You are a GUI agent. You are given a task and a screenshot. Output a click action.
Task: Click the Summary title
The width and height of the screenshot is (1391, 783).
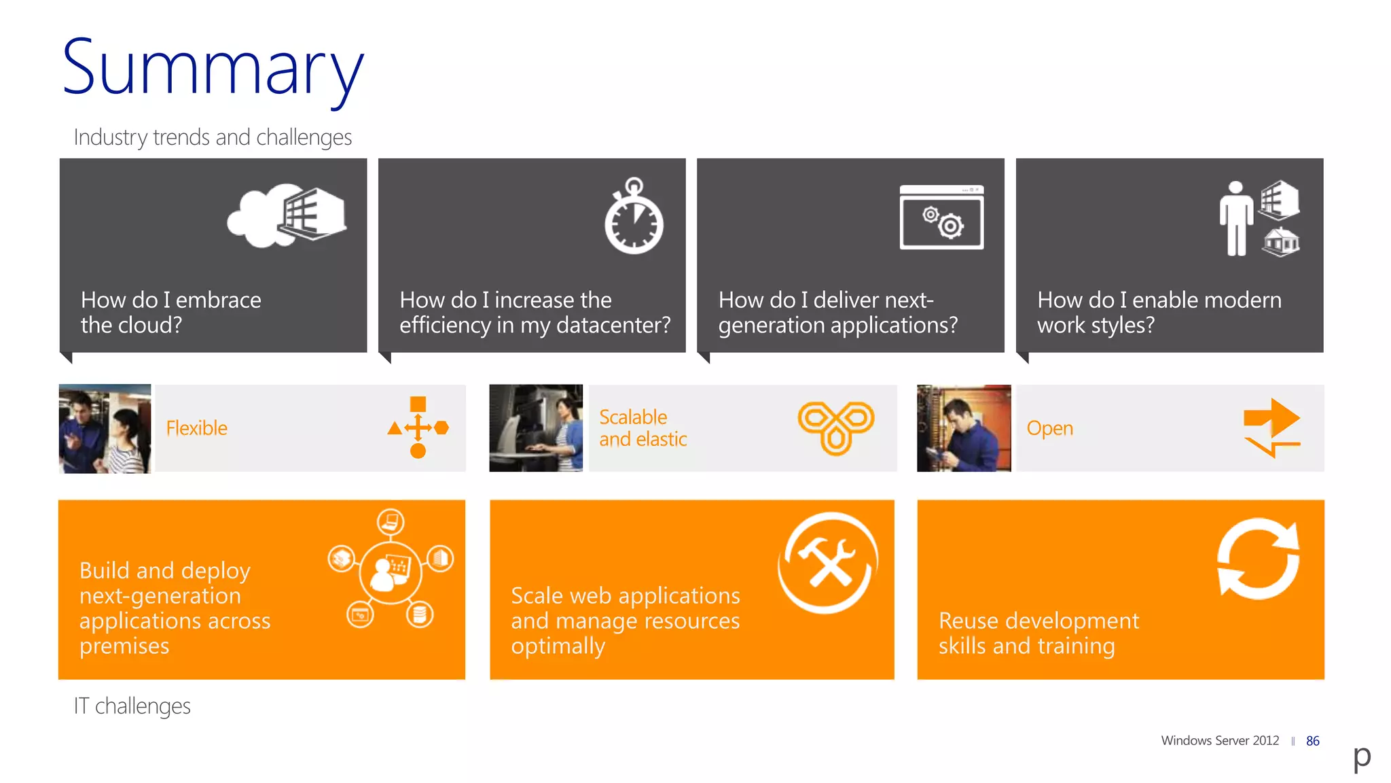coord(213,69)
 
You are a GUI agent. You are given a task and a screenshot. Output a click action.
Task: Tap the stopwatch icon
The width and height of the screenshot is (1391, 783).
coord(634,217)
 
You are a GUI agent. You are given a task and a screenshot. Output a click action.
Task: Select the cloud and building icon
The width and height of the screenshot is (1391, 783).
coord(287,215)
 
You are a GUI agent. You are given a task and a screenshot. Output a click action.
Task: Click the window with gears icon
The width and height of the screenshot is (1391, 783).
coord(941,217)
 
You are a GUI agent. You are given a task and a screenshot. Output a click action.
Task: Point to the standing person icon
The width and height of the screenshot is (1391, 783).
coord(1235,219)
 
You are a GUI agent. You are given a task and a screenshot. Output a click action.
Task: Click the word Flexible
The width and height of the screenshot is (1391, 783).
coord(196,428)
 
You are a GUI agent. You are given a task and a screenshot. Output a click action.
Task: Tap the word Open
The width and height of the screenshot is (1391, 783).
coord(1049,428)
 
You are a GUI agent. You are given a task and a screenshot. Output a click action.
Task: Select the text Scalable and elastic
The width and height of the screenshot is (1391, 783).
coord(643,428)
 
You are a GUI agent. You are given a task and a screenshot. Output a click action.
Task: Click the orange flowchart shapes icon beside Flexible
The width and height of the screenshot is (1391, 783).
coord(418,428)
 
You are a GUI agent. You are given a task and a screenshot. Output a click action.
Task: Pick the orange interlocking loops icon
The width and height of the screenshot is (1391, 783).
coord(835,426)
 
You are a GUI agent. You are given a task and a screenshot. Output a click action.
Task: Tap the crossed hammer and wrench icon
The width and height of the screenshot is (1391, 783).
coord(827,562)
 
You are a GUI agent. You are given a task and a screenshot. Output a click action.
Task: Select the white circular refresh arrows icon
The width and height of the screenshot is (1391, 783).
coord(1258,559)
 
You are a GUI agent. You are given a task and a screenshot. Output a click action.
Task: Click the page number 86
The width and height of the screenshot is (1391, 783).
coord(1312,741)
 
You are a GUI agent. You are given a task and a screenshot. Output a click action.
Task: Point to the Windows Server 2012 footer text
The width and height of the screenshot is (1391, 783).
coord(1219,740)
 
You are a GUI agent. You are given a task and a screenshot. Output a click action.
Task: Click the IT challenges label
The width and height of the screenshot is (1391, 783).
coord(132,706)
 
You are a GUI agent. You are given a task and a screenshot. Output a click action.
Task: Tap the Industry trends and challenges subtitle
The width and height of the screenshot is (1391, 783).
coord(213,137)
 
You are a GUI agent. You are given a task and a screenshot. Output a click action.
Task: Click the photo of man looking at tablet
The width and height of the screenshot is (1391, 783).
coord(963,428)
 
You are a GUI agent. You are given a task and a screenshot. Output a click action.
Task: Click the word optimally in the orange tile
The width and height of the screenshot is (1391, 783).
coord(558,646)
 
